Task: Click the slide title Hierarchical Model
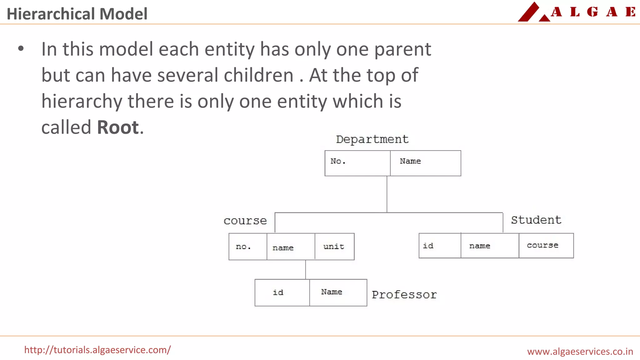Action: click(x=77, y=14)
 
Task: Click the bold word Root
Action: click(x=118, y=127)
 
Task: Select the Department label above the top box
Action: click(x=372, y=139)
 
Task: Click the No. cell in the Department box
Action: click(x=357, y=163)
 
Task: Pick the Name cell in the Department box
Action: click(x=425, y=163)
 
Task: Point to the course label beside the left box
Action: click(x=245, y=221)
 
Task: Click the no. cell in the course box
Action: click(x=248, y=247)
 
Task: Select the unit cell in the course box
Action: click(x=334, y=247)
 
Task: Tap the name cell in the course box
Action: click(x=291, y=247)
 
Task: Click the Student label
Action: click(x=536, y=220)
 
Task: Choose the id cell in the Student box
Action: click(x=440, y=246)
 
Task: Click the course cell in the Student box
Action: click(x=546, y=246)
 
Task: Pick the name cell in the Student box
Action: click(x=490, y=246)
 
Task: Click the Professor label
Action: click(x=404, y=295)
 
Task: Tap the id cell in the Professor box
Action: click(x=282, y=292)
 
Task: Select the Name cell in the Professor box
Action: click(x=338, y=292)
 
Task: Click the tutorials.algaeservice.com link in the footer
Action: click(x=97, y=350)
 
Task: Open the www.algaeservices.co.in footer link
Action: click(x=580, y=352)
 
